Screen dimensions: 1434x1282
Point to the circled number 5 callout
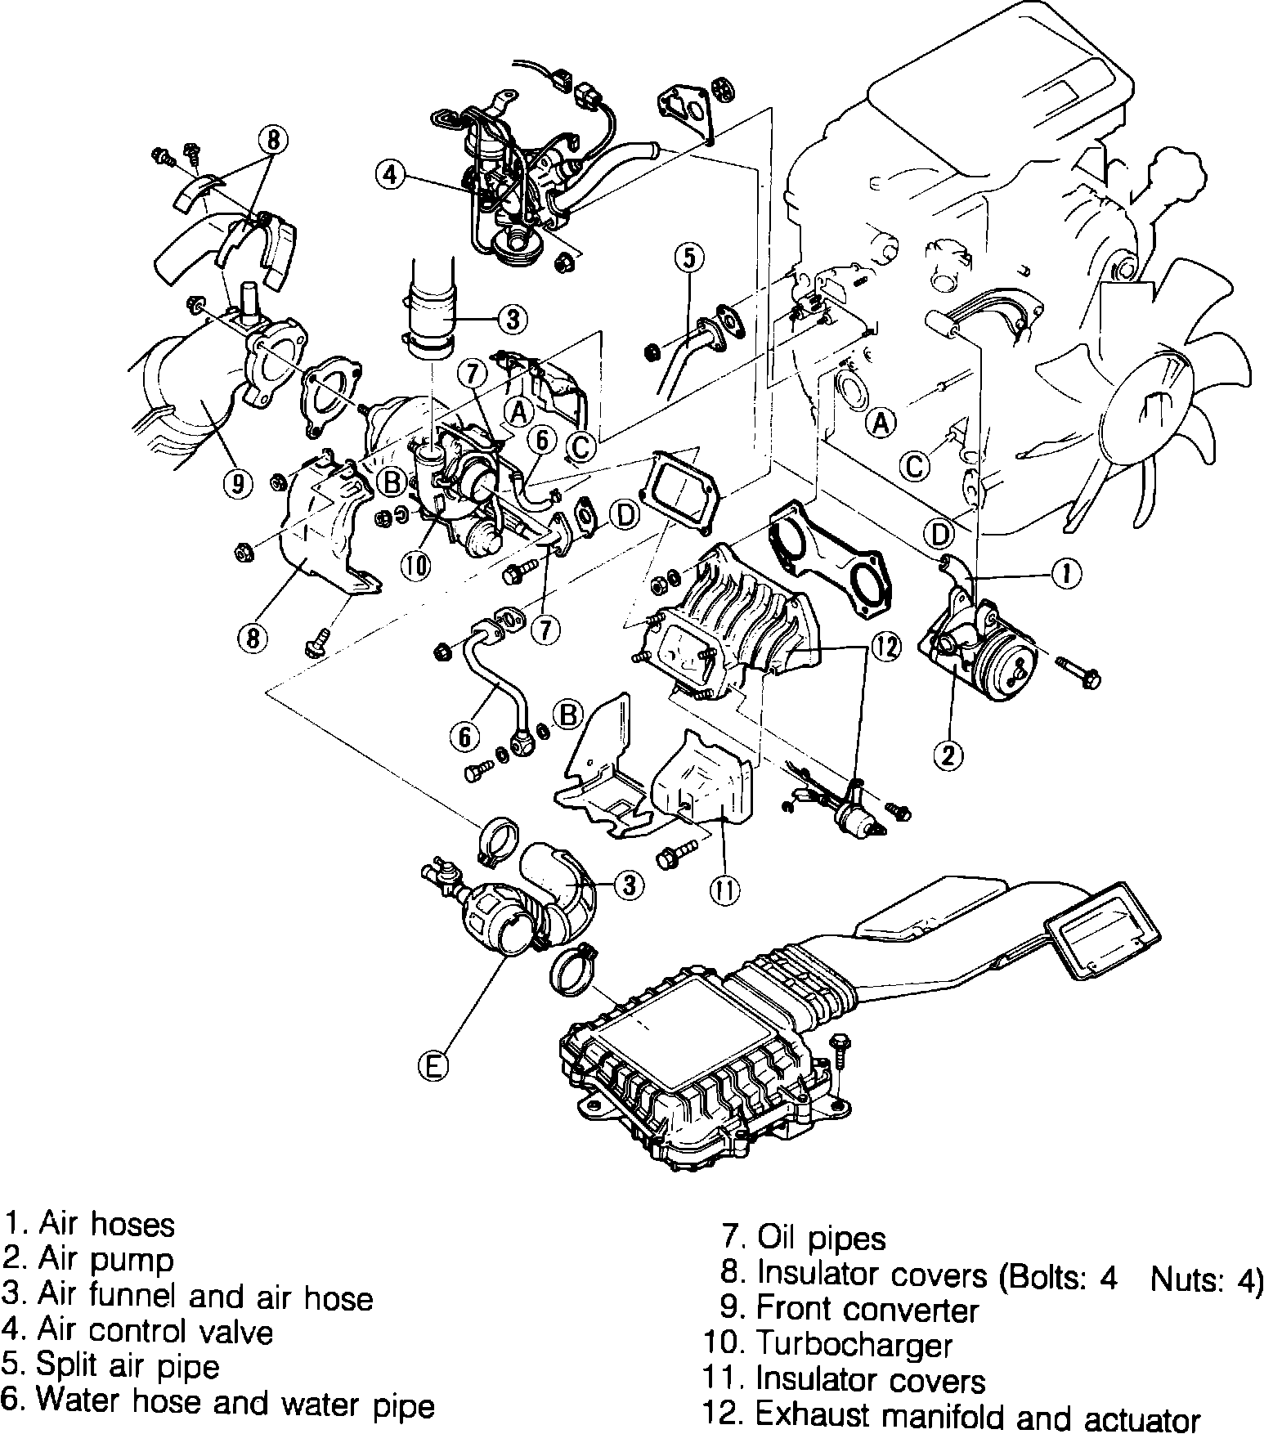tap(688, 258)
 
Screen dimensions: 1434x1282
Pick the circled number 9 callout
tap(237, 485)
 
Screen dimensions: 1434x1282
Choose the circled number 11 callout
tap(724, 890)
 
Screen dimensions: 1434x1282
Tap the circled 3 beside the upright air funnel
tap(513, 319)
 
